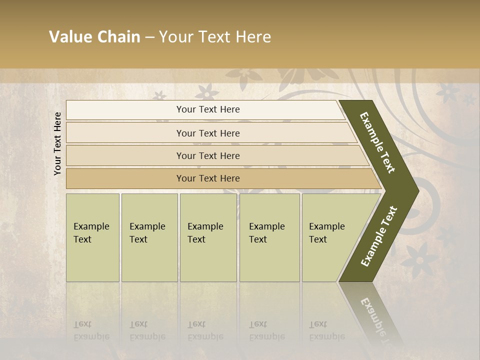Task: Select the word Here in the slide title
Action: [x=252, y=37]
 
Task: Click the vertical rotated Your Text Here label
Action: [x=57, y=143]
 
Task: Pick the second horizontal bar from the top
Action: [x=207, y=133]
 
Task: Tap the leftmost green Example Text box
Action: [x=92, y=237]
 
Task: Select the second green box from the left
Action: [x=149, y=237]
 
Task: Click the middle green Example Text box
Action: [x=208, y=237]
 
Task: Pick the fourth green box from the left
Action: [x=269, y=237]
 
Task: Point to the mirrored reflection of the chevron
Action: [x=372, y=310]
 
